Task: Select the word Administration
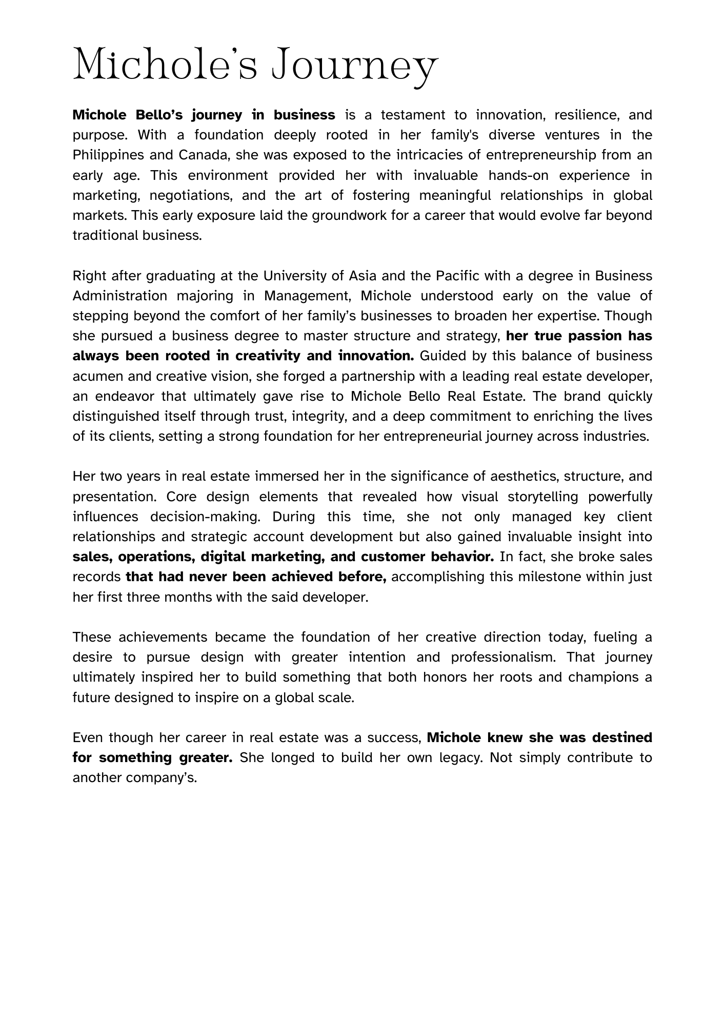(120, 296)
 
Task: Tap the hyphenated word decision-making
(204, 517)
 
